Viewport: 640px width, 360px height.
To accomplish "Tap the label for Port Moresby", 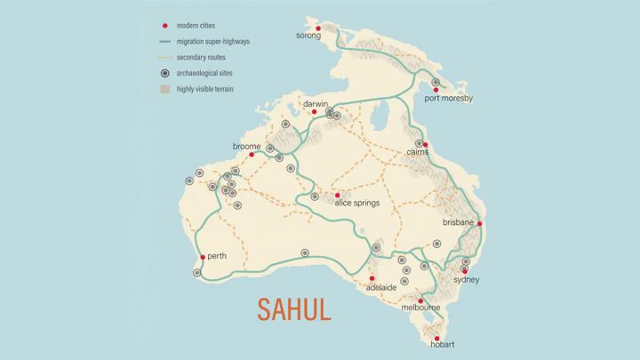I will pyautogui.click(x=449, y=98).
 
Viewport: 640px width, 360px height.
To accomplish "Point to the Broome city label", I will pyautogui.click(x=245, y=145).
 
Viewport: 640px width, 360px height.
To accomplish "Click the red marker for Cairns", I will pyautogui.click(x=426, y=144).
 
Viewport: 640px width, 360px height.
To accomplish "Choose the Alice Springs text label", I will pyautogui.click(x=356, y=203).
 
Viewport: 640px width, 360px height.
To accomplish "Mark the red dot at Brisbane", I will pyautogui.click(x=480, y=224).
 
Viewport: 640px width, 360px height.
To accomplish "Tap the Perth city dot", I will pyautogui.click(x=204, y=257).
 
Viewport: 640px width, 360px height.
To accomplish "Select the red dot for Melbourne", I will pyautogui.click(x=420, y=300).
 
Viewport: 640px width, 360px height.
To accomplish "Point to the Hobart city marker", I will pyautogui.click(x=436, y=337).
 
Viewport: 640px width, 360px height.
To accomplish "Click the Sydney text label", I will pyautogui.click(x=466, y=280).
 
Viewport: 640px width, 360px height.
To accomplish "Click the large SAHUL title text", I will pyautogui.click(x=294, y=308).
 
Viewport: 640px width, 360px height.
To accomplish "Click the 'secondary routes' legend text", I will pyautogui.click(x=209, y=58).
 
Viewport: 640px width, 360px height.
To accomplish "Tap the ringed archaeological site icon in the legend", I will pyautogui.click(x=165, y=73).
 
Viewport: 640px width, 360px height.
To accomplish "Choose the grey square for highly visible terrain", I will pyautogui.click(x=165, y=89).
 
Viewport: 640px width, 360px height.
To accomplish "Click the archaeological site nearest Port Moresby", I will pyautogui.click(x=436, y=83).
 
